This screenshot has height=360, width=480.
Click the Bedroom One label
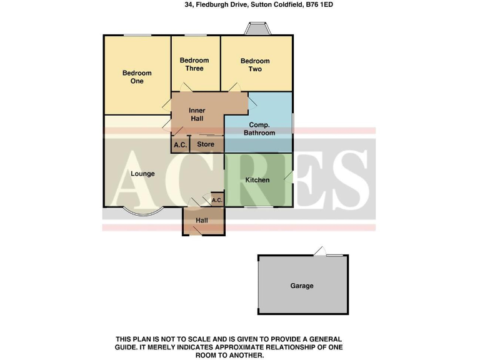click(136, 77)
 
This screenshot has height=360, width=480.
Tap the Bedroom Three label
click(194, 64)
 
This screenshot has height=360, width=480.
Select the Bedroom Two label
click(255, 65)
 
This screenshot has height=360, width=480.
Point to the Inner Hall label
click(197, 114)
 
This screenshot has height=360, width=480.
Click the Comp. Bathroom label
click(258, 129)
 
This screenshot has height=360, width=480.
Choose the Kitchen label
click(257, 180)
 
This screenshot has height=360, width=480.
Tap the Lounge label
click(142, 174)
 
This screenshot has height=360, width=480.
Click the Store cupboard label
click(206, 144)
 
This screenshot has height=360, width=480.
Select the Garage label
click(301, 286)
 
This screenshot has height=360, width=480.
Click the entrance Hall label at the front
click(202, 221)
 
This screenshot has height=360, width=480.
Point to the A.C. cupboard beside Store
click(180, 145)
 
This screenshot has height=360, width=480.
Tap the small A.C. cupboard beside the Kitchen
click(217, 200)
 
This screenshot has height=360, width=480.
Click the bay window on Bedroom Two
click(257, 29)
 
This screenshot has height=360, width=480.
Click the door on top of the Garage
click(320, 252)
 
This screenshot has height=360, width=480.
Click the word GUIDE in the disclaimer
click(127, 347)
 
